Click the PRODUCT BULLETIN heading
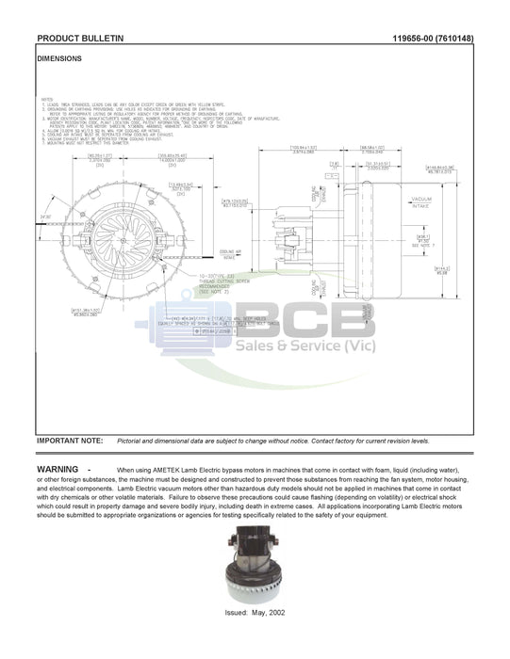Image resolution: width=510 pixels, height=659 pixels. (80, 39)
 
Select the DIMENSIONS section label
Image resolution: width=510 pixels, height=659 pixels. (58, 58)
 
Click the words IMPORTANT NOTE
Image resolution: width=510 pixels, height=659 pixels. (69, 441)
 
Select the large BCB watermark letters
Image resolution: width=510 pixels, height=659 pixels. (293, 320)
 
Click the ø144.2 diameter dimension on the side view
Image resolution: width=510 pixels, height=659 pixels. (441, 271)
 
